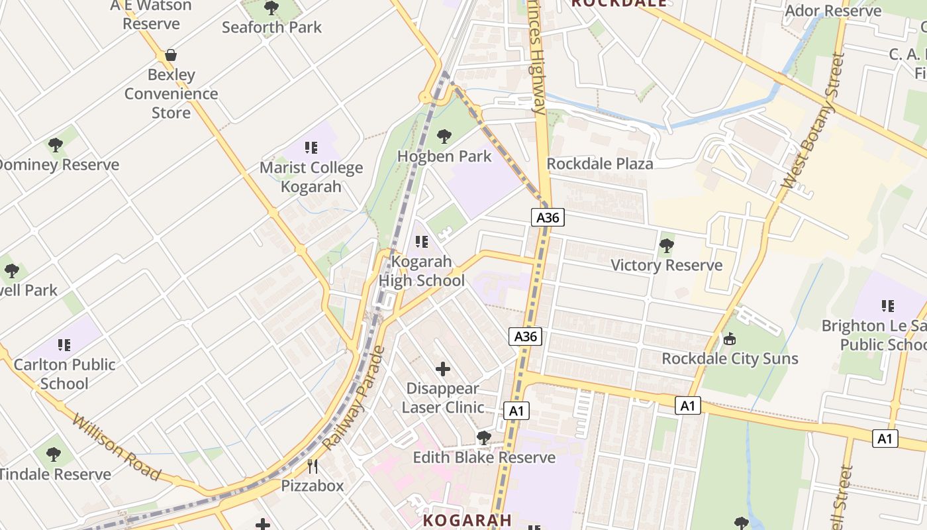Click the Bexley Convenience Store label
click(x=171, y=93)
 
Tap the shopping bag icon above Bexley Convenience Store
click(x=171, y=54)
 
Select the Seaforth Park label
click(x=271, y=27)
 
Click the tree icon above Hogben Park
click(x=444, y=136)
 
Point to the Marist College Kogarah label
click(x=311, y=177)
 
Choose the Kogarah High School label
click(x=422, y=271)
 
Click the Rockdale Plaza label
click(x=600, y=164)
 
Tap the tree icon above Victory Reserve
click(x=666, y=246)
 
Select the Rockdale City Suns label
click(x=730, y=358)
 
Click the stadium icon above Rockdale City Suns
click(x=730, y=339)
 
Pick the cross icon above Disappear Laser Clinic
click(x=443, y=368)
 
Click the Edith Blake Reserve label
click(x=484, y=458)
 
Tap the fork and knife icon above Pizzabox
click(x=313, y=466)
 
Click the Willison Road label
click(x=117, y=448)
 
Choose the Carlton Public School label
click(x=64, y=374)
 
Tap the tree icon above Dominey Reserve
click(x=56, y=145)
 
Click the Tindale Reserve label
click(x=55, y=474)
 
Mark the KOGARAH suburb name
click(x=467, y=520)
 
